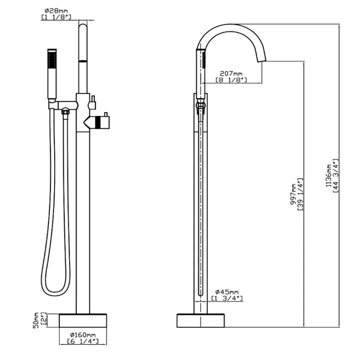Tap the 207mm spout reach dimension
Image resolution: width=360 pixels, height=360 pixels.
click(x=231, y=73)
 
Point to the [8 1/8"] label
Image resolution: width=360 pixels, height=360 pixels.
click(x=231, y=80)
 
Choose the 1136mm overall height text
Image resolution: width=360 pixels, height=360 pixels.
click(x=328, y=176)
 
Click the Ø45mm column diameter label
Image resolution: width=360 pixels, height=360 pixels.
click(x=227, y=292)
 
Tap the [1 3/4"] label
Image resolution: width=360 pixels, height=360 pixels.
click(x=227, y=298)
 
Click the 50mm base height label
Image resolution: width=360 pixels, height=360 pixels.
click(x=36, y=320)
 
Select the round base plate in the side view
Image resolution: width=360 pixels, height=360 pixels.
click(x=200, y=320)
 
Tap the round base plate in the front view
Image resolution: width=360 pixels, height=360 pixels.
click(x=83, y=320)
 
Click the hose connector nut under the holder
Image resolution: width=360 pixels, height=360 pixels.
click(x=65, y=112)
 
